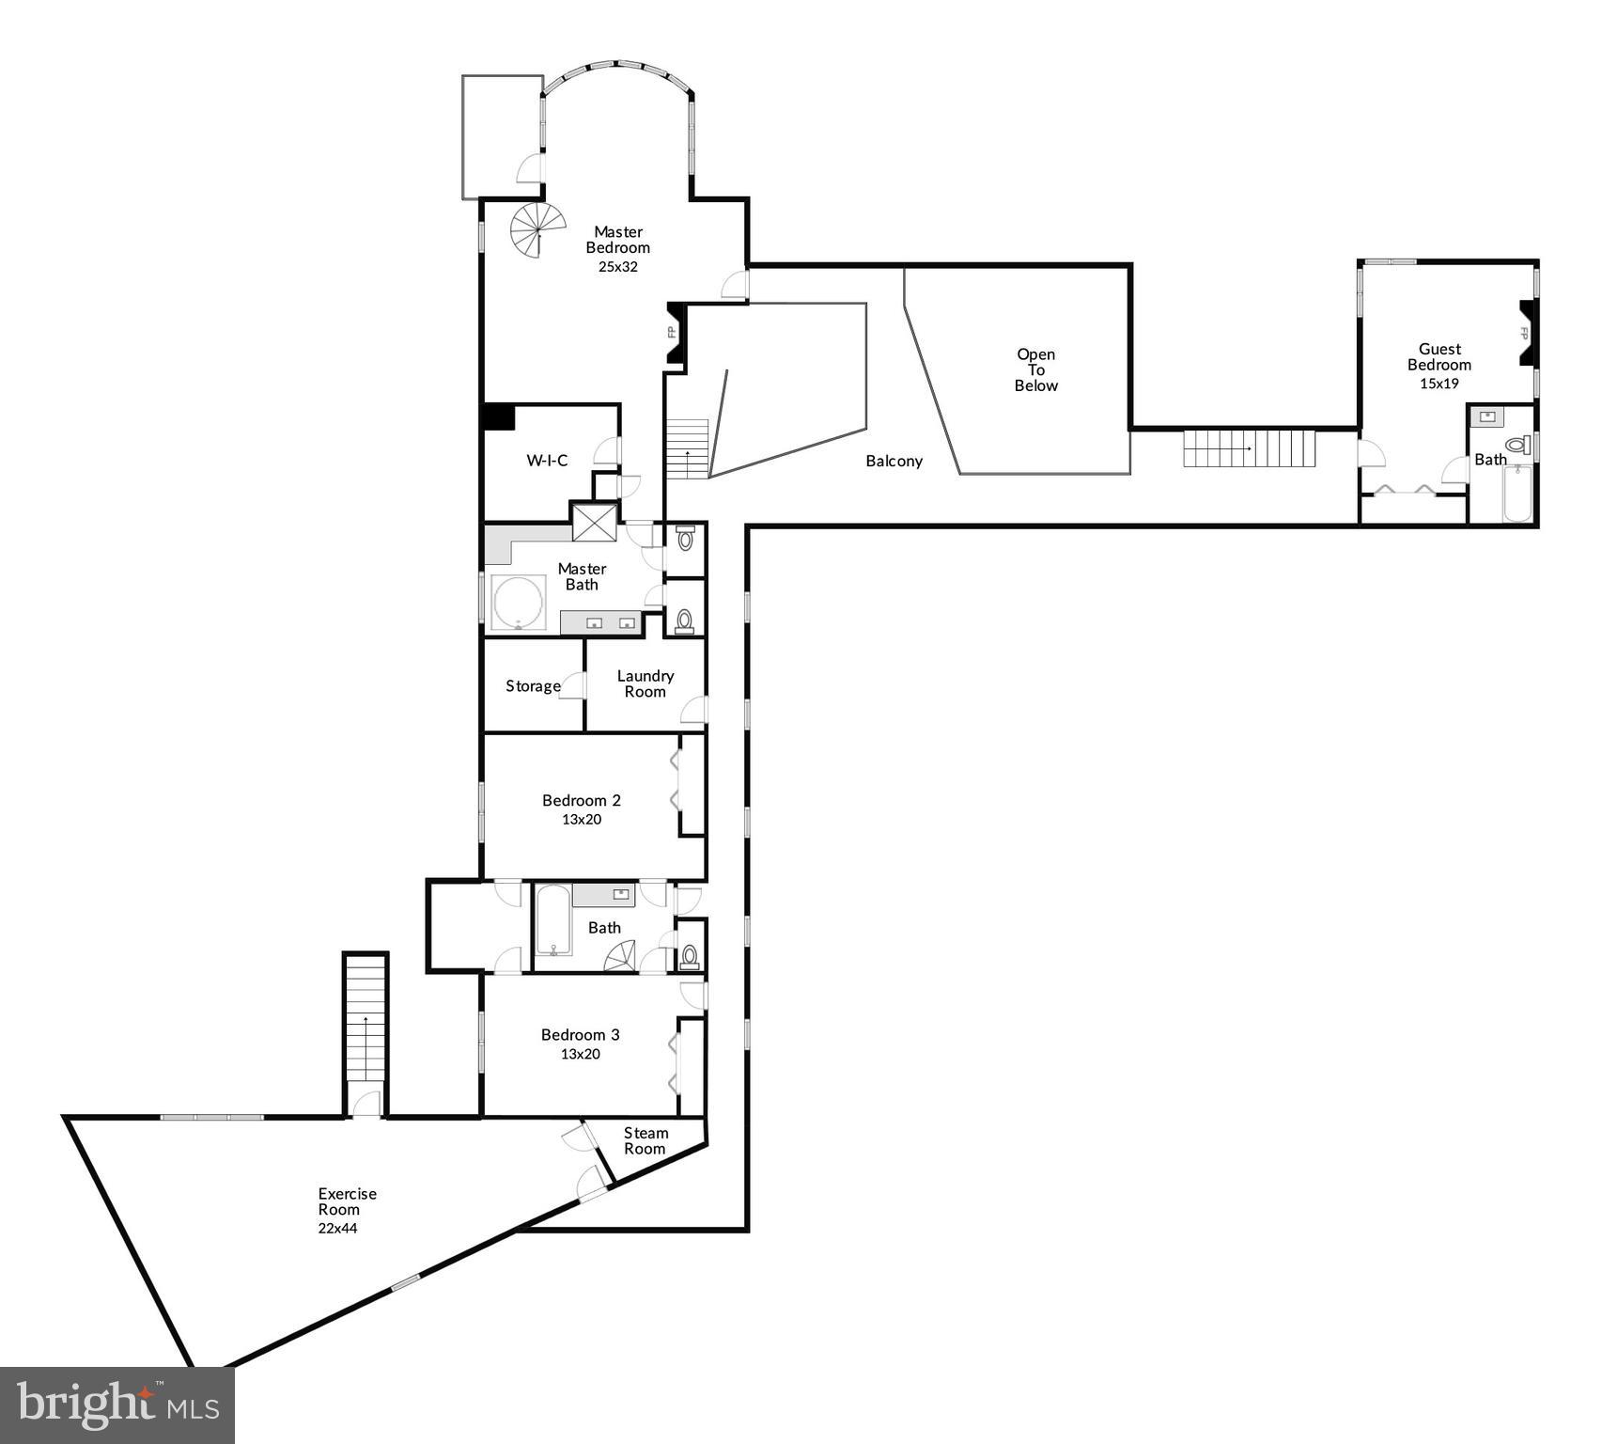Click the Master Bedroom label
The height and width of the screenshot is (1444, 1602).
click(x=617, y=240)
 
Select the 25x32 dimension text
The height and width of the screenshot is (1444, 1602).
click(x=617, y=267)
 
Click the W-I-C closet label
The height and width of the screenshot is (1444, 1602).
click(x=547, y=461)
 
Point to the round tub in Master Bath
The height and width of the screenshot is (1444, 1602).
click(x=519, y=603)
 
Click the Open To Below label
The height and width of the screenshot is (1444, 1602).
click(x=1035, y=369)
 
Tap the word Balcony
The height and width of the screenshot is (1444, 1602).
click(x=894, y=461)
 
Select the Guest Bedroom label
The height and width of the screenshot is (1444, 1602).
click(x=1439, y=357)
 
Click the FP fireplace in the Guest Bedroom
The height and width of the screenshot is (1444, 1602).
click(x=1526, y=334)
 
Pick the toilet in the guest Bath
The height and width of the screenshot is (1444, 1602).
click(x=1516, y=445)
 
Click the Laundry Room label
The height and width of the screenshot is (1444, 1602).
click(x=645, y=683)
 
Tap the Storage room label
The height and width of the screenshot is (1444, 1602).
click(x=533, y=686)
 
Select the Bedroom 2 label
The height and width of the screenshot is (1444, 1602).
click(x=581, y=801)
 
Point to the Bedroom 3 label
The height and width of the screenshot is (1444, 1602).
click(x=580, y=1035)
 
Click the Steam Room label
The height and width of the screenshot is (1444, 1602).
click(x=645, y=1140)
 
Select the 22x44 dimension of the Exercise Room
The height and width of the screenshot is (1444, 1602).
click(x=337, y=1228)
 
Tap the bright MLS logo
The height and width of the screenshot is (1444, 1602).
click(x=117, y=1405)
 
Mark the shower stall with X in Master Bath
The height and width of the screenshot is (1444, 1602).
click(x=594, y=523)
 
